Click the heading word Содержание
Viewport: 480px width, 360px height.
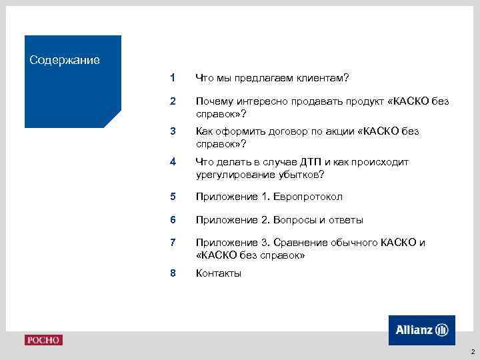click(65, 61)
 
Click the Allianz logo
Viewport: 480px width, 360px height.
click(422, 330)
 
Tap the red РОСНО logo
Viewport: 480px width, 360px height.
click(43, 340)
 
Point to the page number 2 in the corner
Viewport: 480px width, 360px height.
click(472, 351)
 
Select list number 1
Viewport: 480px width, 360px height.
click(173, 78)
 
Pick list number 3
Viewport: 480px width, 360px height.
click(173, 131)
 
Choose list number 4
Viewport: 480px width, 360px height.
click(173, 162)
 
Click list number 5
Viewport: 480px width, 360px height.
click(173, 197)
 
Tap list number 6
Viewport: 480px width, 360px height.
click(173, 219)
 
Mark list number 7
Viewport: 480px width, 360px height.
click(173, 242)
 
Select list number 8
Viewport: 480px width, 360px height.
click(173, 273)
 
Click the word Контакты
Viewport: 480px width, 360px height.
click(219, 273)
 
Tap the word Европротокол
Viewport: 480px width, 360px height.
click(312, 197)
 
